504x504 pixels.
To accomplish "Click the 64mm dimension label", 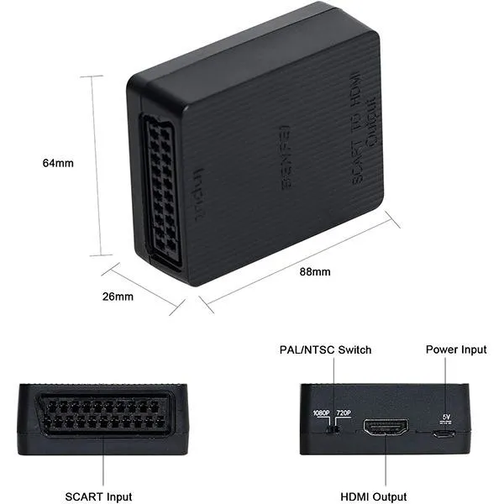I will (x=57, y=164).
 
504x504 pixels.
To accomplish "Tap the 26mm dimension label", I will (x=118, y=297).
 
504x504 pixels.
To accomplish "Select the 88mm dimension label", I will (x=315, y=271).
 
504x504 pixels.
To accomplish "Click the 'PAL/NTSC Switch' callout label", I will (x=325, y=349).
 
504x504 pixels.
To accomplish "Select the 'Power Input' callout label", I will (x=456, y=349).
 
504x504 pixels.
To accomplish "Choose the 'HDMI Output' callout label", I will (x=375, y=497).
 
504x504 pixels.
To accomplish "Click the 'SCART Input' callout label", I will (x=98, y=497).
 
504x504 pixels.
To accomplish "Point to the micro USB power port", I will (x=445, y=433).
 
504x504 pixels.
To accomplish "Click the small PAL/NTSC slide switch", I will (x=333, y=430).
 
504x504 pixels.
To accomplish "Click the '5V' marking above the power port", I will (x=446, y=417).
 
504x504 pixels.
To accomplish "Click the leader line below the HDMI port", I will (x=386, y=465).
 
